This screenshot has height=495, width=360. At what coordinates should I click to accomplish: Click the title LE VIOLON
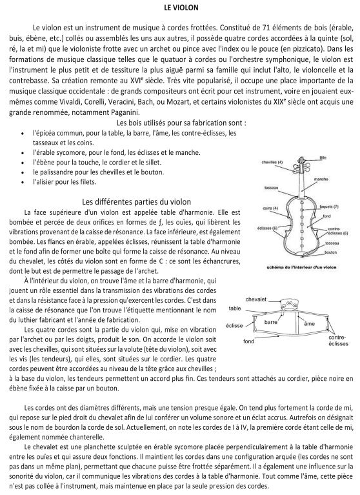click(181, 8)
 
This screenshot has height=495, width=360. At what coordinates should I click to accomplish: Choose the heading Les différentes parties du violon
click(136, 201)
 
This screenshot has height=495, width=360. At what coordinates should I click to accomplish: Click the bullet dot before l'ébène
click(23, 163)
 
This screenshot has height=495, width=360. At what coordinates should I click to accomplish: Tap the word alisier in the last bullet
click(44, 182)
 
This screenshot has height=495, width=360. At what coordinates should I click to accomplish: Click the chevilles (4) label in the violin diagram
click(272, 162)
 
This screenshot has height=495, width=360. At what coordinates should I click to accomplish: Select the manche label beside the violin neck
click(321, 179)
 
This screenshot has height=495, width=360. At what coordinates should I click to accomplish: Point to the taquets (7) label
click(329, 207)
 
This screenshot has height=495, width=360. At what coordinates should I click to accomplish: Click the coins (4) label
click(270, 208)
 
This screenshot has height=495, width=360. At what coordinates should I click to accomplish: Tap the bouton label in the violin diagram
click(331, 252)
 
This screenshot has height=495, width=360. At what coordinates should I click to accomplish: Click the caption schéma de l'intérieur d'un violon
click(301, 267)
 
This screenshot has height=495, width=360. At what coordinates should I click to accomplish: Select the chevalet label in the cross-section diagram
click(256, 299)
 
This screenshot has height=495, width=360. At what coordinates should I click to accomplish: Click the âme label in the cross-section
click(309, 323)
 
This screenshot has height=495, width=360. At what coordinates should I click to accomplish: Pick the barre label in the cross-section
click(271, 322)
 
